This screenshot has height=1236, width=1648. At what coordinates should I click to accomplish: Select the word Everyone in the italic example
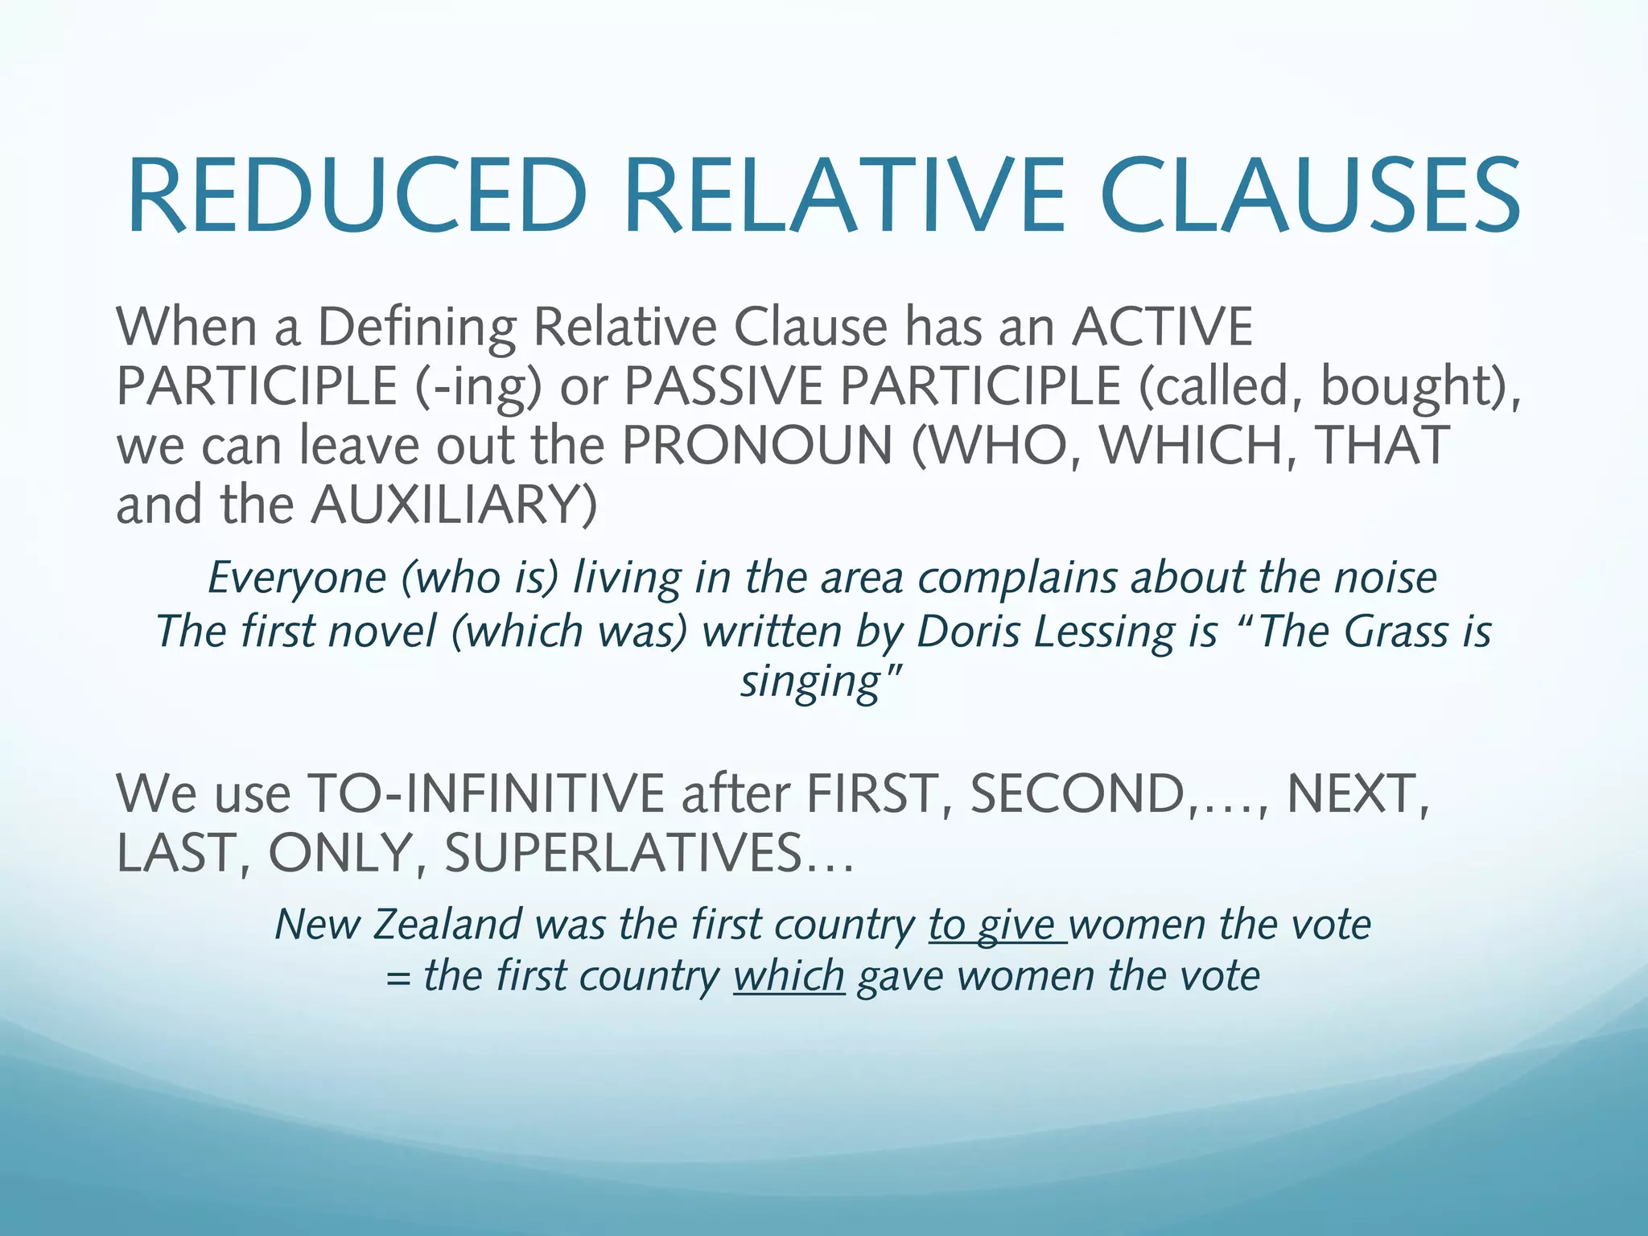pyautogui.click(x=297, y=579)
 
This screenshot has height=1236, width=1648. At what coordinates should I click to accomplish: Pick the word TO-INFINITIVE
pyautogui.click(x=486, y=793)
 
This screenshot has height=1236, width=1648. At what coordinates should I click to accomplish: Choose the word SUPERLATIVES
pyautogui.click(x=624, y=853)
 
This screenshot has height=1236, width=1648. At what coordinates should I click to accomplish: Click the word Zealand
pyautogui.click(x=447, y=925)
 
